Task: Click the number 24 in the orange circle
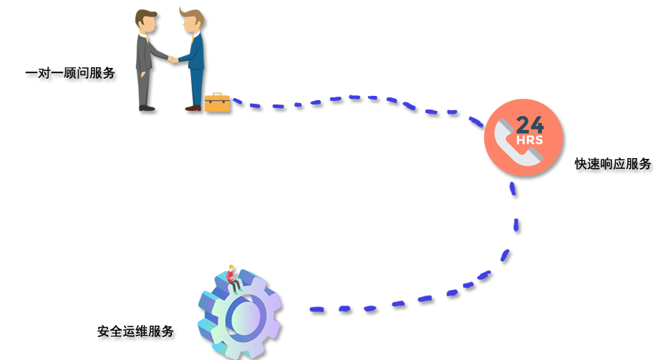[529, 123]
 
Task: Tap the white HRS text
[530, 140]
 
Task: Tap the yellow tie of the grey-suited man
[150, 54]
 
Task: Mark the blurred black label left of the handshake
[76, 77]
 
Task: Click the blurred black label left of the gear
[140, 334]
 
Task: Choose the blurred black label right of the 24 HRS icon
[609, 169]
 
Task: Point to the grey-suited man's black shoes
[146, 108]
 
